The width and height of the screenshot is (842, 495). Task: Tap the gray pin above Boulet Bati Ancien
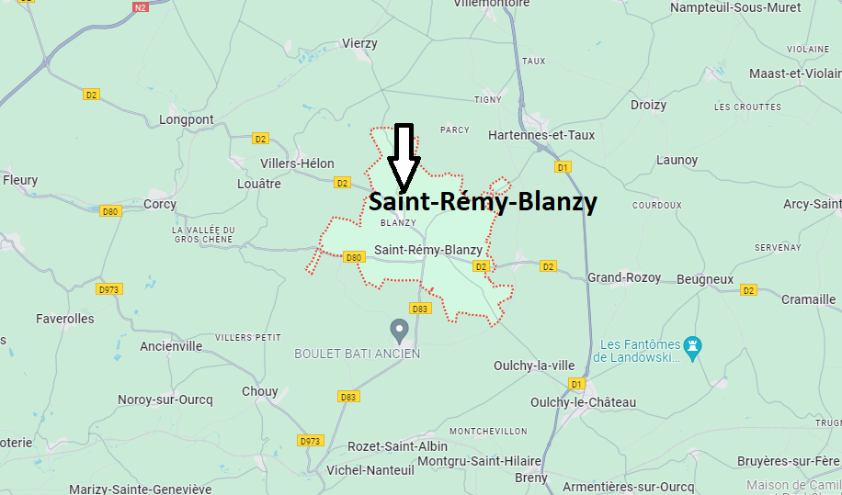[x=400, y=329]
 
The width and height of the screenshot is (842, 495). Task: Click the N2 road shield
[x=140, y=7]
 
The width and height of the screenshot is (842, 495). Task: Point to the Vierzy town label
[x=359, y=43]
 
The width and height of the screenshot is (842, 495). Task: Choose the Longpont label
[x=186, y=119]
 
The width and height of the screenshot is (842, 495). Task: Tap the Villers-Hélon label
[x=297, y=163]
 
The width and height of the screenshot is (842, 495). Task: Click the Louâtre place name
[x=258, y=184]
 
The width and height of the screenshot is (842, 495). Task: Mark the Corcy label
[x=160, y=204]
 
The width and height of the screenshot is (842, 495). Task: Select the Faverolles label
[x=64, y=319]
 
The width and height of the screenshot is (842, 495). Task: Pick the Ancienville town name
[x=171, y=346]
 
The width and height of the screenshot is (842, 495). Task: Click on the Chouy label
[x=259, y=391]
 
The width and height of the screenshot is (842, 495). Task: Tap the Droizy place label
[x=648, y=105]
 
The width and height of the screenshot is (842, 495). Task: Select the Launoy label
[x=677, y=160]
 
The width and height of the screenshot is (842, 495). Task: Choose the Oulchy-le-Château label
[x=583, y=402]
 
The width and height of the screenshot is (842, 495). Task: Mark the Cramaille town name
[x=808, y=299]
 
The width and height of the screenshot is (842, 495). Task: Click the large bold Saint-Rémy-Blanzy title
[x=483, y=202]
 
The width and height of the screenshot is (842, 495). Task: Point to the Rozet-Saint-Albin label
[x=398, y=446]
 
